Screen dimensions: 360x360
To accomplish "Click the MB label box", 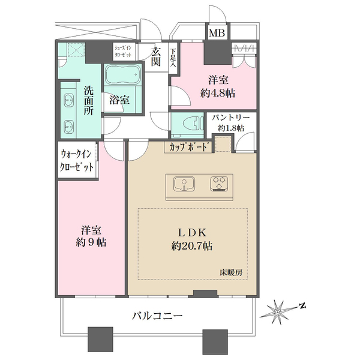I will [x=216, y=32].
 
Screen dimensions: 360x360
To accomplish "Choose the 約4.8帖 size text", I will [x=217, y=93].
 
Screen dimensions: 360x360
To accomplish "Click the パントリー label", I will [x=230, y=118].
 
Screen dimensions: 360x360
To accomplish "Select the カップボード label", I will [x=190, y=146].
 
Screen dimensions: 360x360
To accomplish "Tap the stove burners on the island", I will [x=218, y=183].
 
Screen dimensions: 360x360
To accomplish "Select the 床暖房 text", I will [x=230, y=273].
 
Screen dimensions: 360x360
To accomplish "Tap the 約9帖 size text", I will [x=91, y=243].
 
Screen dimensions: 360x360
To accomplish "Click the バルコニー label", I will [x=158, y=316].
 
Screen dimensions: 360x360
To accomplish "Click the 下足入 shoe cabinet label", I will [x=173, y=58].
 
